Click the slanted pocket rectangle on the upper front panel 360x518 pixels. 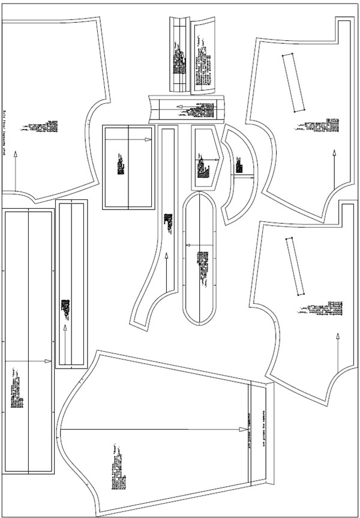pos(294,82)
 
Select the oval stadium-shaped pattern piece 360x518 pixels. pos(200,258)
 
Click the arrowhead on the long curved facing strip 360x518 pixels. pos(166,257)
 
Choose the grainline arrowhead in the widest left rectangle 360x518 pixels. pos(50,361)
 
